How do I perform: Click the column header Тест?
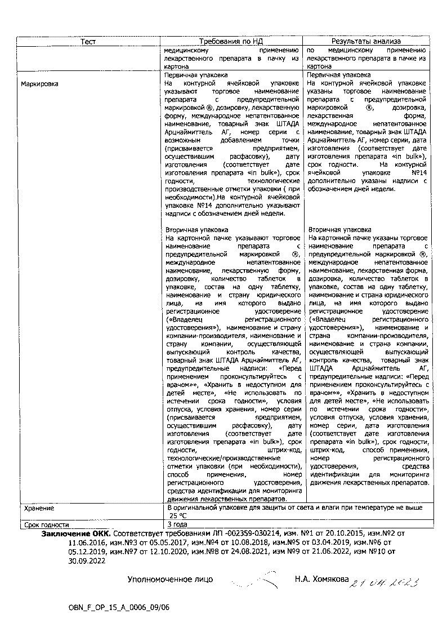click(x=88, y=42)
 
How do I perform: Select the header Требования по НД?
click(x=231, y=42)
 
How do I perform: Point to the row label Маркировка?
click(x=39, y=84)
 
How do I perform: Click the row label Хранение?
click(x=39, y=508)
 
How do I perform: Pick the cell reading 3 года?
click(x=177, y=524)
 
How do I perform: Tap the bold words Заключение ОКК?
click(x=76, y=533)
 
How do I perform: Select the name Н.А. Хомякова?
click(x=321, y=578)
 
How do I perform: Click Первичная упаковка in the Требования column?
click(x=195, y=74)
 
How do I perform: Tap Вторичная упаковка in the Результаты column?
click(x=339, y=230)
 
